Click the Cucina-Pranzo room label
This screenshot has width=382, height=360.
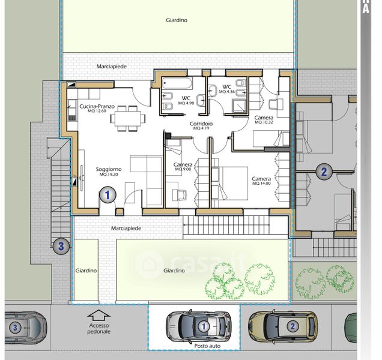(x=97, y=106)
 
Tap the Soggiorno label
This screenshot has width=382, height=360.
(x=109, y=169)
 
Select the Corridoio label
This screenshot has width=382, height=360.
(x=201, y=124)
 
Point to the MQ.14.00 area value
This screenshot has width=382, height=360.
(x=261, y=183)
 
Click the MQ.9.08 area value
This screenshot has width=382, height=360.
(x=183, y=169)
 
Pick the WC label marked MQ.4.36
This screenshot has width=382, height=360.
(x=226, y=86)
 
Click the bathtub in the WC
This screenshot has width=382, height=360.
(x=177, y=83)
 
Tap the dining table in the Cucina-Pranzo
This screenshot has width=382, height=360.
(x=128, y=118)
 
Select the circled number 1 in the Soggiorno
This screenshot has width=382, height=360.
(x=108, y=194)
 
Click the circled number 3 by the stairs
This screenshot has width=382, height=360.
(x=61, y=246)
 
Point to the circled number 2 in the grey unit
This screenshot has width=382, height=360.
(x=324, y=172)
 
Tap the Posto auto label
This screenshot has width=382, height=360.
(x=207, y=346)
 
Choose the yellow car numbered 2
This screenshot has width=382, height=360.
(x=283, y=326)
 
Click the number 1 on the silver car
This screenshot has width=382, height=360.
(x=204, y=326)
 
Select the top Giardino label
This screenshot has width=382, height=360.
(x=177, y=20)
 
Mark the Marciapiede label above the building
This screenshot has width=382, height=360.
(x=112, y=66)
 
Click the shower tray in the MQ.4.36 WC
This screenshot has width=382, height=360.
(x=239, y=106)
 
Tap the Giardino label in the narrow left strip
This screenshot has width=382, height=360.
(x=86, y=271)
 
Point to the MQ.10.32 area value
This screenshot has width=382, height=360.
(x=264, y=122)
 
